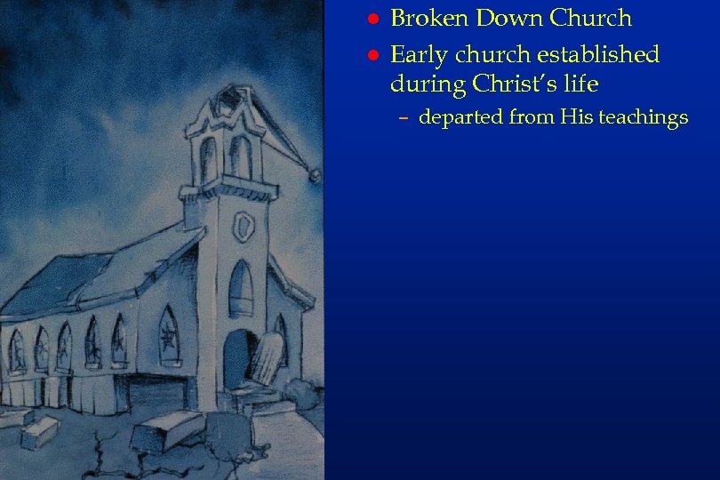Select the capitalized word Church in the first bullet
click(591, 18)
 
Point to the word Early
click(420, 55)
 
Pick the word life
click(581, 84)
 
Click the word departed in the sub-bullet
click(460, 118)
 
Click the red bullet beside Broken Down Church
click(373, 20)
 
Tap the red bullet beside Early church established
click(373, 56)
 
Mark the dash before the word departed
click(403, 118)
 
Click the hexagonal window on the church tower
click(243, 228)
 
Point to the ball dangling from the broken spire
click(314, 176)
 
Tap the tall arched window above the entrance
click(240, 289)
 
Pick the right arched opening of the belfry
click(240, 156)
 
